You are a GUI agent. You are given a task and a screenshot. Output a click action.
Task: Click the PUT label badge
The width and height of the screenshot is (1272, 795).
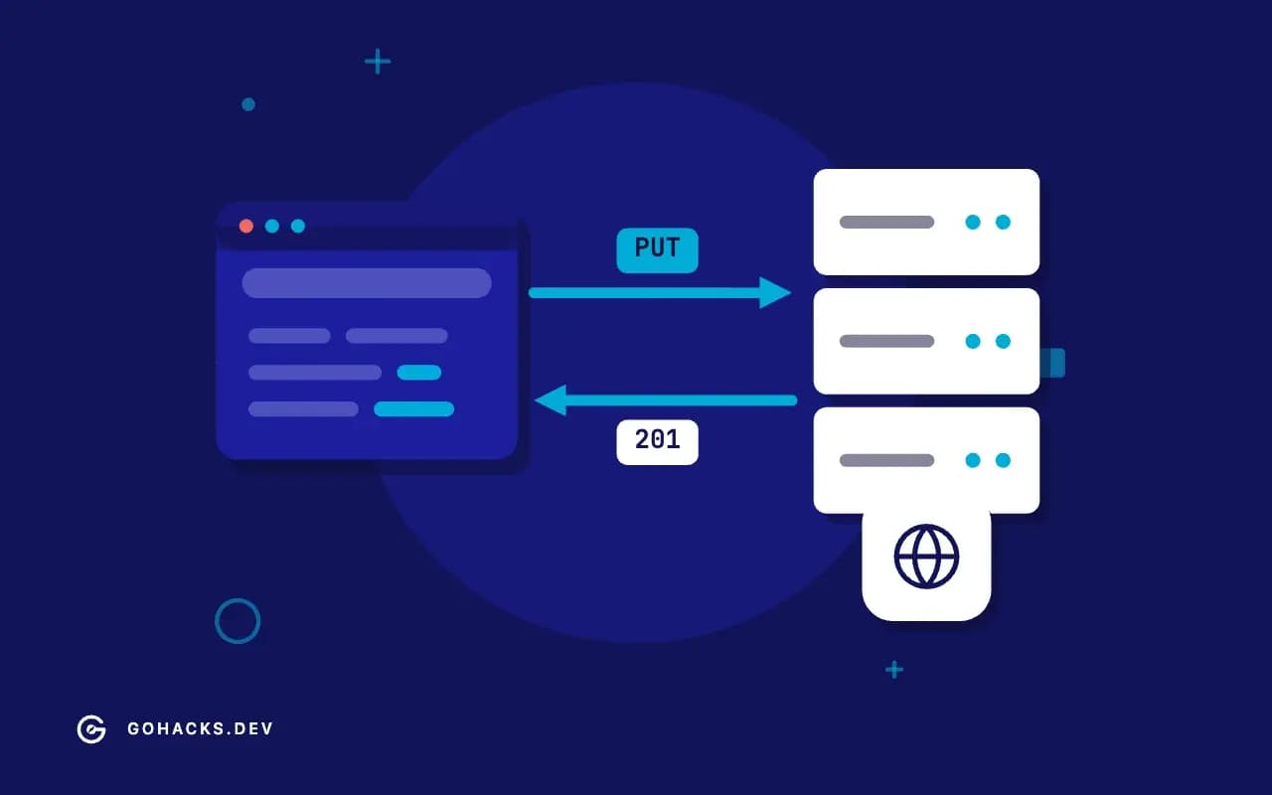[x=657, y=250]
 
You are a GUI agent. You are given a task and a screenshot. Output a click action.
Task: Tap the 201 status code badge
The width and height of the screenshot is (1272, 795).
[x=657, y=442]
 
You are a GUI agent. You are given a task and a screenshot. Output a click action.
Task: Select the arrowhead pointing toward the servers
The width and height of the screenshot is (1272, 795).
[x=775, y=293]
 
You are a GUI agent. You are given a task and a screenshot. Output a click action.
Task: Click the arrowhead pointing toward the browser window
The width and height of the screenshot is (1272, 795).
[x=551, y=400]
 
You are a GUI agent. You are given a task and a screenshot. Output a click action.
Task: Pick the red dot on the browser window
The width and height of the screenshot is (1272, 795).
[x=245, y=226]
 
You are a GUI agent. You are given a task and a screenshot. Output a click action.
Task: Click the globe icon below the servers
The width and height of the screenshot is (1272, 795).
[x=926, y=556]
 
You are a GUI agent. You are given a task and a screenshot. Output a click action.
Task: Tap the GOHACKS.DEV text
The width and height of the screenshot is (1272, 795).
[x=201, y=728]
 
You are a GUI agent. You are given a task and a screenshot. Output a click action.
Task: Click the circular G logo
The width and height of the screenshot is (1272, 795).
[x=91, y=729]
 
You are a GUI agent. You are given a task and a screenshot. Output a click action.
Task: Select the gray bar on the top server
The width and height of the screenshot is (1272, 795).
[x=886, y=222]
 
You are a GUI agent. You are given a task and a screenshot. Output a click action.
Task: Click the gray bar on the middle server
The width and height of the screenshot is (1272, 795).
[x=886, y=341]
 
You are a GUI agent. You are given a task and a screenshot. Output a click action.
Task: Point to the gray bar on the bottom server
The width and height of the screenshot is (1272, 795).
[x=886, y=460]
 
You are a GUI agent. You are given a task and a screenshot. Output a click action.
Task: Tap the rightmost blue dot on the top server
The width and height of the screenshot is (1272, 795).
[x=1003, y=222]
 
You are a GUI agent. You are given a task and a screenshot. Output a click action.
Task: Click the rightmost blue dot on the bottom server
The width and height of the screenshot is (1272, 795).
[x=1003, y=460]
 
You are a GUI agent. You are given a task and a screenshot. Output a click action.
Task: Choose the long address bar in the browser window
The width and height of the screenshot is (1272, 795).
[x=367, y=283]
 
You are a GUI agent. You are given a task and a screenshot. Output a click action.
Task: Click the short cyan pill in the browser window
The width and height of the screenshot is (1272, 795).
[x=419, y=373]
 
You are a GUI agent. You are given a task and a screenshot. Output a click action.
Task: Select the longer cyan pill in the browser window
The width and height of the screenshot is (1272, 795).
[x=414, y=408]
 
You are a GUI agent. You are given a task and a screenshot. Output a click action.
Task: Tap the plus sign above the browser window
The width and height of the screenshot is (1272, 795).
[x=378, y=62]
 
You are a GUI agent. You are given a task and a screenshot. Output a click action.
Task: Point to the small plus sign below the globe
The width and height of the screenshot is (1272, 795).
[x=894, y=670]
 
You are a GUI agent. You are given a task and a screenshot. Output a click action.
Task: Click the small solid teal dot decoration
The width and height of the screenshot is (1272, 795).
[x=248, y=104]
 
